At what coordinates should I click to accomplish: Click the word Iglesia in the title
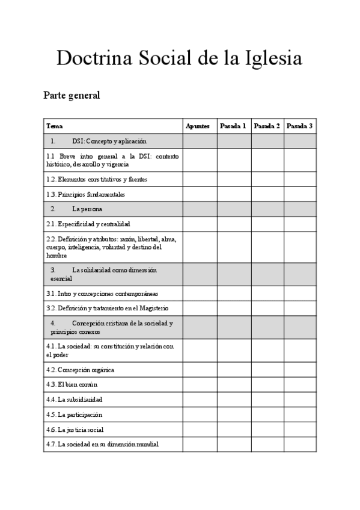tap(273, 58)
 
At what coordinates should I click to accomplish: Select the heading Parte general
tap(72, 95)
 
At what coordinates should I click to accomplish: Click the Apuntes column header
tap(198, 126)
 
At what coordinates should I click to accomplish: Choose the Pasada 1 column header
tap(233, 126)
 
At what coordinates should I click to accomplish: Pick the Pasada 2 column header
tap(267, 126)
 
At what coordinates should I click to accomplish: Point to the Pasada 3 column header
tap(299, 126)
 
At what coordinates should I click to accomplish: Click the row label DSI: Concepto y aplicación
tap(109, 141)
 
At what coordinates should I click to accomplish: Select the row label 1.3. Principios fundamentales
tap(86, 194)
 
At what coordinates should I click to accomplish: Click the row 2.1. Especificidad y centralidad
tap(88, 224)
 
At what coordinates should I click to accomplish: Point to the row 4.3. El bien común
tap(72, 384)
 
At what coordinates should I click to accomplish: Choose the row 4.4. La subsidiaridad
tap(75, 399)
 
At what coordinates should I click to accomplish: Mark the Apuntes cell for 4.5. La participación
tap(200, 414)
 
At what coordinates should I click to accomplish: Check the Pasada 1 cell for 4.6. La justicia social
tap(234, 429)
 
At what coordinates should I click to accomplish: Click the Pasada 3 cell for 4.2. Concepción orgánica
tap(300, 369)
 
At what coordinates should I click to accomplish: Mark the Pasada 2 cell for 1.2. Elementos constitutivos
tap(267, 179)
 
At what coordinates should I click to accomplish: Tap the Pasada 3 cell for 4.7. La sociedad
tap(300, 444)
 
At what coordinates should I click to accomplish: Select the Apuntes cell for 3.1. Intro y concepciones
tap(200, 293)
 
